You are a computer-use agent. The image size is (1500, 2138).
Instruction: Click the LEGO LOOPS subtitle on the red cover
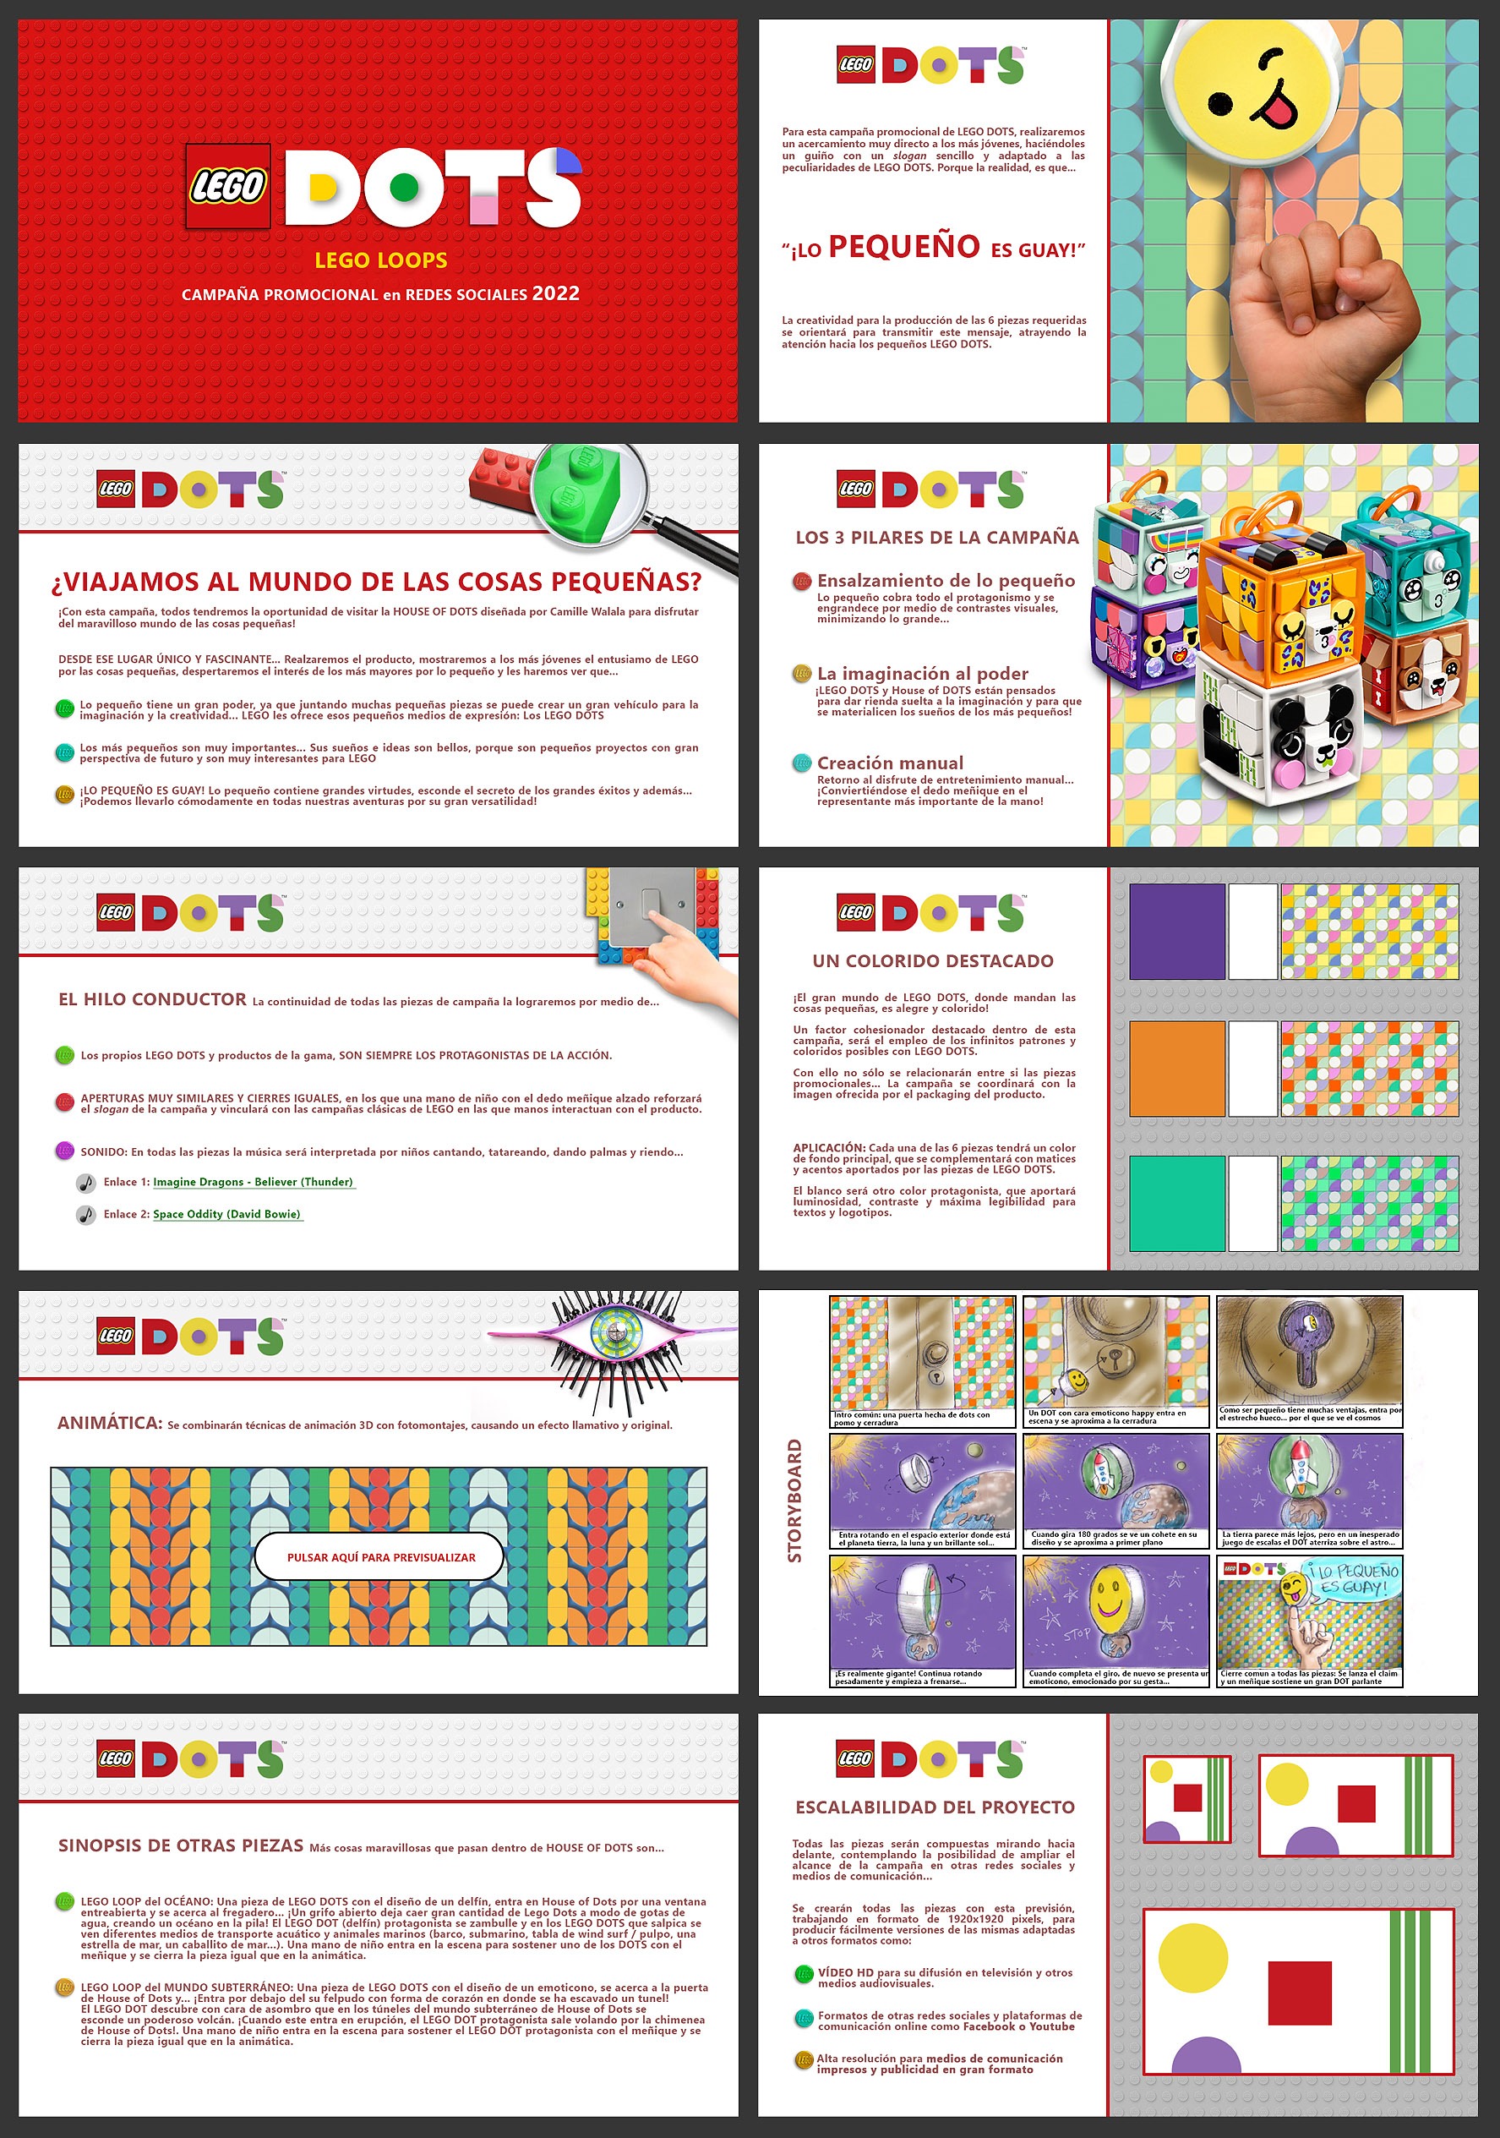[x=380, y=260]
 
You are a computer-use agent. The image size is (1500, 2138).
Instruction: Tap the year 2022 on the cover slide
[x=556, y=293]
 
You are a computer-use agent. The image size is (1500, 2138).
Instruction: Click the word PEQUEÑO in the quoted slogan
[x=903, y=247]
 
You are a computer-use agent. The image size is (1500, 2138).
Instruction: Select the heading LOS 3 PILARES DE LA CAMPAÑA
[x=936, y=538]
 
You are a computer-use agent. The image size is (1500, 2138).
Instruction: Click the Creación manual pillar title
[x=890, y=763]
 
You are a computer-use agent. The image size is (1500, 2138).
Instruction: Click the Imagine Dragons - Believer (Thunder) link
[x=253, y=1182]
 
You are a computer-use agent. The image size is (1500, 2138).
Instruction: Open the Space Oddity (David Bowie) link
[x=226, y=1214]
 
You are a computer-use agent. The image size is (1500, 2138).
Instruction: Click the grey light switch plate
[x=652, y=908]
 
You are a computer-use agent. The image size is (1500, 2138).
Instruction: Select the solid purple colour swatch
[x=1176, y=931]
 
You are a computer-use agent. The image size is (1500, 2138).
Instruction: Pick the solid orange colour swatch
[x=1176, y=1068]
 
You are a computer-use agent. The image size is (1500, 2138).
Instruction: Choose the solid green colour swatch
[x=1176, y=1203]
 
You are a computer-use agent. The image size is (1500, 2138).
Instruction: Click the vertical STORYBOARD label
[x=794, y=1500]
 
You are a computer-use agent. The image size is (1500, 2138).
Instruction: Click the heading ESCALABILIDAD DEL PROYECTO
[x=935, y=1807]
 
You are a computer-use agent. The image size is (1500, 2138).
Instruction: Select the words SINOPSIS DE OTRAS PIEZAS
[x=181, y=1845]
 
